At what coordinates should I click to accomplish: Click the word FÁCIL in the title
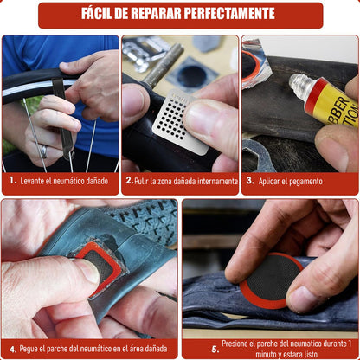pyautogui.click(x=101, y=14)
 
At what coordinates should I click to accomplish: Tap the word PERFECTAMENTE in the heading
pyautogui.click(x=231, y=14)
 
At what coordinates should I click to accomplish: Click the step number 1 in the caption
pyautogui.click(x=12, y=181)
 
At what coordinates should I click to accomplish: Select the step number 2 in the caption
pyautogui.click(x=129, y=181)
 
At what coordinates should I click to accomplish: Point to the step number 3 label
pyautogui.click(x=249, y=181)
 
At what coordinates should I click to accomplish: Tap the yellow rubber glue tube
pyautogui.click(x=333, y=100)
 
